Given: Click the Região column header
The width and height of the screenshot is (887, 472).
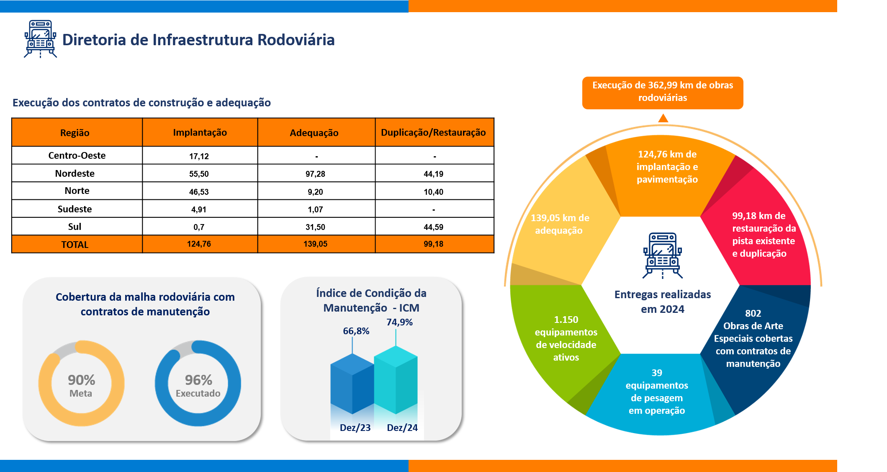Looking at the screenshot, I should pyautogui.click(x=75, y=133).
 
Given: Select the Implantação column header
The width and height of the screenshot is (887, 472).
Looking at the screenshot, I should pyautogui.click(x=200, y=133).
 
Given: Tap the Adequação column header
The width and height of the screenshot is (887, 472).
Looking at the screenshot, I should pyautogui.click(x=314, y=133).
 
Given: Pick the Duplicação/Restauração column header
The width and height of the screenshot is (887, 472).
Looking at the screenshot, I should pyautogui.click(x=433, y=133).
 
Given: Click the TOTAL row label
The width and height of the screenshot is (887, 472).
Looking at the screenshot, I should pyautogui.click(x=75, y=245).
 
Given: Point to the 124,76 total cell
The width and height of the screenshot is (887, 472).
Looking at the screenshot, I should pyautogui.click(x=199, y=244).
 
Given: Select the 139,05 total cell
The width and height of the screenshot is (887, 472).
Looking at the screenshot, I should pyautogui.click(x=315, y=244).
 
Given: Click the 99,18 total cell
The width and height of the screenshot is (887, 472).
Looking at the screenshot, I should pyautogui.click(x=433, y=244).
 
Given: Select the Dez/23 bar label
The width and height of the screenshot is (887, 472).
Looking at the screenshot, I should pyautogui.click(x=355, y=428).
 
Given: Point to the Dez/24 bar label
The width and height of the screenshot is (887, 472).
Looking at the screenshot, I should pyautogui.click(x=402, y=428).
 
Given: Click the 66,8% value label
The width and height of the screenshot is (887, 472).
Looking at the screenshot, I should pyautogui.click(x=356, y=331).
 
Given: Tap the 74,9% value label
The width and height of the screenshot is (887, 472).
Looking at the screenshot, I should pyautogui.click(x=399, y=322).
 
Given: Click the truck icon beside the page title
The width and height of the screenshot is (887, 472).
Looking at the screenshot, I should pyautogui.click(x=40, y=39).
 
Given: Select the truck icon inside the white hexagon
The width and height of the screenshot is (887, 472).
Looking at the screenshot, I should pyautogui.click(x=663, y=255).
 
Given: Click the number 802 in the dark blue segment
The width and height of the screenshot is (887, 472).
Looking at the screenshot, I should pyautogui.click(x=753, y=313).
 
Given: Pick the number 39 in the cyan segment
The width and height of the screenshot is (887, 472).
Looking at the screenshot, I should pyautogui.click(x=657, y=373).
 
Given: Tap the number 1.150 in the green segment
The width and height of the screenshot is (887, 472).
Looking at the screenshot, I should pyautogui.click(x=566, y=320).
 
